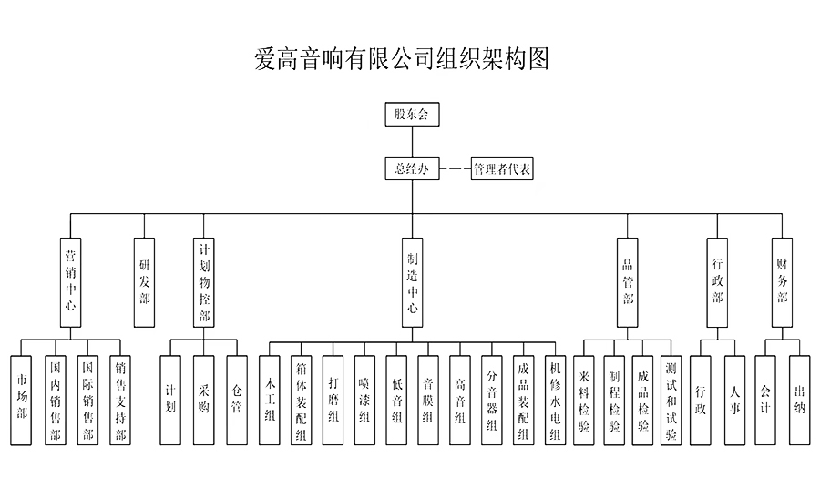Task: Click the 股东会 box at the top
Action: coord(412,116)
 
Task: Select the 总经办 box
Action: coord(412,168)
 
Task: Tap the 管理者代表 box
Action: coord(502,169)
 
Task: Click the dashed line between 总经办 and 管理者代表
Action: coord(455,169)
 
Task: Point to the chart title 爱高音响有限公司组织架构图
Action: coord(402,60)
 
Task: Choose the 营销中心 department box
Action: coord(70,281)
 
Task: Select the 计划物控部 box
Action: coord(205,281)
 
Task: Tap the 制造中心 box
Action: coord(412,281)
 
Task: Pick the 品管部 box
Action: coord(627,281)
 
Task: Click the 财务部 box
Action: coord(782,281)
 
